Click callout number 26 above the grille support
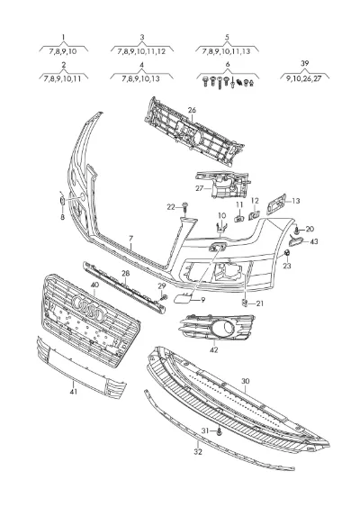pyautogui.click(x=192, y=110)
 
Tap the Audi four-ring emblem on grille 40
pyautogui.click(x=88, y=307)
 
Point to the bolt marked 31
pyautogui.click(x=220, y=431)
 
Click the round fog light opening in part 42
pyautogui.click(x=228, y=328)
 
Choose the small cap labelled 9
pyautogui.click(x=182, y=298)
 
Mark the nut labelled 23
pyautogui.click(x=287, y=254)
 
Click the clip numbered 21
pyautogui.click(x=245, y=303)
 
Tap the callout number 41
pyautogui.click(x=74, y=391)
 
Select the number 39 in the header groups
pyautogui.click(x=305, y=63)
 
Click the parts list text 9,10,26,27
pyautogui.click(x=304, y=78)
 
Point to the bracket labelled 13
pyautogui.click(x=276, y=204)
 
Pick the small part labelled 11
pyautogui.click(x=238, y=218)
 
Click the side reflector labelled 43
pyautogui.click(x=296, y=241)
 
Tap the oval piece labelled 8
pyautogui.click(x=62, y=201)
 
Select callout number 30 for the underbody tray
pyautogui.click(x=246, y=381)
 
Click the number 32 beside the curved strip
pyautogui.click(x=198, y=451)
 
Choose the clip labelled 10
pyautogui.click(x=220, y=227)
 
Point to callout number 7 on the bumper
pyautogui.click(x=130, y=239)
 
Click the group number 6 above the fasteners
pyautogui.click(x=228, y=64)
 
